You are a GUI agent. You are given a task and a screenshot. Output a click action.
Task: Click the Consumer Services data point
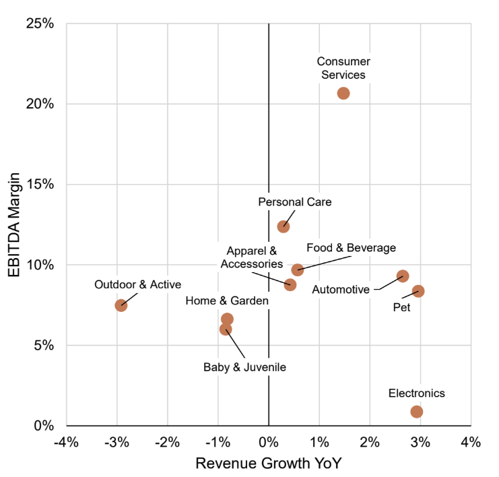pyautogui.click(x=343, y=93)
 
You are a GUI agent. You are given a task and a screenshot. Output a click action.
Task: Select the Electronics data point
pyautogui.click(x=417, y=412)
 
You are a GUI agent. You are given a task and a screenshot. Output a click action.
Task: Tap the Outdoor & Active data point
pyautogui.click(x=121, y=305)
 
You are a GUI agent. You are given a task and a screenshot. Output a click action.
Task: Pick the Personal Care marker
pyautogui.click(x=284, y=226)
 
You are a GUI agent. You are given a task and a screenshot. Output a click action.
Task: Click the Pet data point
pyautogui.click(x=418, y=291)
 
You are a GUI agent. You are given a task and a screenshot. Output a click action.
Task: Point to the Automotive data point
pyautogui.click(x=403, y=276)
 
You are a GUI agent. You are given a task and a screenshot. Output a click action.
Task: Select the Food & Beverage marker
pyautogui.click(x=298, y=269)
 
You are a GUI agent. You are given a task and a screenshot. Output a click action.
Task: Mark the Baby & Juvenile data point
pyautogui.click(x=226, y=329)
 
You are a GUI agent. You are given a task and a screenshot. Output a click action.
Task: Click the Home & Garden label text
pyautogui.click(x=227, y=300)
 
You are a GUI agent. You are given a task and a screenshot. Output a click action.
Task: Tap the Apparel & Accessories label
pyautogui.click(x=252, y=257)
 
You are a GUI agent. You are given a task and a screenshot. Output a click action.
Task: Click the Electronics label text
pyautogui.click(x=417, y=393)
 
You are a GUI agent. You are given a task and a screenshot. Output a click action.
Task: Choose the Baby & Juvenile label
pyautogui.click(x=245, y=367)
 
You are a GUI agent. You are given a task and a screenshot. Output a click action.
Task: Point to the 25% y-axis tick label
pyautogui.click(x=40, y=24)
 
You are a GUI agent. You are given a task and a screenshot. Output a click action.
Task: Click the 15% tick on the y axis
pyautogui.click(x=40, y=185)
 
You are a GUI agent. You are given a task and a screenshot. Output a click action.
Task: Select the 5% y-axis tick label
pyautogui.click(x=44, y=346)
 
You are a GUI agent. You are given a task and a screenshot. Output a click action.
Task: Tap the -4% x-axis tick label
pyautogui.click(x=66, y=443)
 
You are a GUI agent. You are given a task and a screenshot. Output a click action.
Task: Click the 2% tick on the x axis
pyautogui.click(x=370, y=443)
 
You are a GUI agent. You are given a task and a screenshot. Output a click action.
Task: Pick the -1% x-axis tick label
pyautogui.click(x=218, y=443)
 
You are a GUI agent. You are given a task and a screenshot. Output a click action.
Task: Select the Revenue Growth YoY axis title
pyautogui.click(x=269, y=464)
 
